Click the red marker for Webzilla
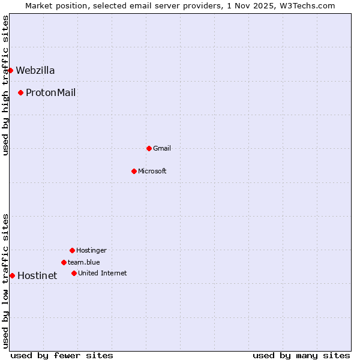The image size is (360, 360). (x=10, y=70)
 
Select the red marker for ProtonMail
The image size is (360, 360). (x=20, y=92)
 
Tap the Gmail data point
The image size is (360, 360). (x=149, y=148)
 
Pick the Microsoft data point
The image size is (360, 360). (x=134, y=171)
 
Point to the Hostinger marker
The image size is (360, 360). (x=72, y=250)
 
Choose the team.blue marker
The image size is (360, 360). (x=64, y=262)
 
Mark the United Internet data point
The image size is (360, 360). (x=74, y=273)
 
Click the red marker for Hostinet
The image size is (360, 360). (x=12, y=275)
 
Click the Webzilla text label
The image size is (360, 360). (x=35, y=70)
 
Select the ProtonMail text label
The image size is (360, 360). (x=50, y=92)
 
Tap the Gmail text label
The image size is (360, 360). (x=162, y=148)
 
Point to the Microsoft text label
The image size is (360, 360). (x=152, y=171)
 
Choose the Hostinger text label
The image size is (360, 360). (x=91, y=250)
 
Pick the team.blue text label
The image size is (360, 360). (x=84, y=262)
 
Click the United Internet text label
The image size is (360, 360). (x=103, y=273)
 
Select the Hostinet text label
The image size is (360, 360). (x=37, y=276)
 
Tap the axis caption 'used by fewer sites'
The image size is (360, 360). (x=62, y=355)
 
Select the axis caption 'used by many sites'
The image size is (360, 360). (x=301, y=355)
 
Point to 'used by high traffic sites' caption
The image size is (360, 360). (x=5, y=85)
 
